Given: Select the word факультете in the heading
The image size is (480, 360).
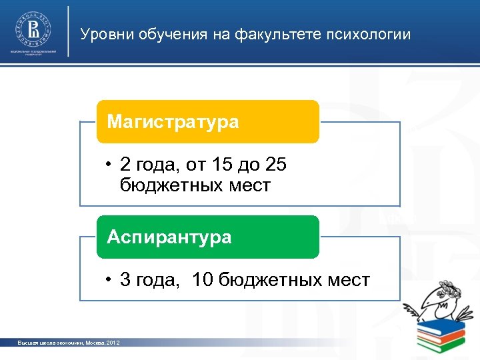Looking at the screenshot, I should [275, 34].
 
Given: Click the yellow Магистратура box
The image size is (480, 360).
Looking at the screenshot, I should [207, 122].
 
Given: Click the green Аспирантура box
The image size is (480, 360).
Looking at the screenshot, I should [207, 237].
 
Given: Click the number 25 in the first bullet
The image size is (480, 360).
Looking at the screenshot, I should [275, 164].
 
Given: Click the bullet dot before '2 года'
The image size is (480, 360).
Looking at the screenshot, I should [107, 164].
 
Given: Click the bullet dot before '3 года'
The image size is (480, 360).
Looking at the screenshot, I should [107, 280].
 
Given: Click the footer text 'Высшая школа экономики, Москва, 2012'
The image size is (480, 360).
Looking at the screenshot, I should [69, 343].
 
